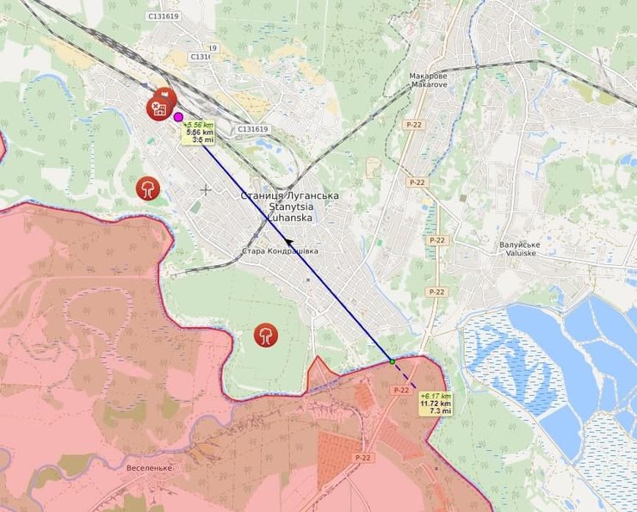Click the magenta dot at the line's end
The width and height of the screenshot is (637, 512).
coord(178,117)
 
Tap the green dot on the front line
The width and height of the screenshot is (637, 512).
coord(391,361)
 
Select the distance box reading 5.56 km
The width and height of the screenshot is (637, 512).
coord(199,133)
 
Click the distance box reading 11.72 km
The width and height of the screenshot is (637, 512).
coord(435,404)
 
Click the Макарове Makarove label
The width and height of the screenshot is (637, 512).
coord(429,80)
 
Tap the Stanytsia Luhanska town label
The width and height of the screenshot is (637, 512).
coord(290,207)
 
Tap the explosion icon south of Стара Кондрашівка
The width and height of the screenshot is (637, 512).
coord(267,336)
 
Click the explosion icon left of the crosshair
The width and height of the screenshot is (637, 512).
coord(148,188)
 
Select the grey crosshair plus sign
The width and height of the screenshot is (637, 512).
coord(206,189)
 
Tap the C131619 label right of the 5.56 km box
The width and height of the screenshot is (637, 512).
coord(251,129)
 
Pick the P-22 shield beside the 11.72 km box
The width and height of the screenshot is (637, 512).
coord(400,390)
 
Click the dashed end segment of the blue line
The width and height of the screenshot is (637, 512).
coord(404,376)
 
